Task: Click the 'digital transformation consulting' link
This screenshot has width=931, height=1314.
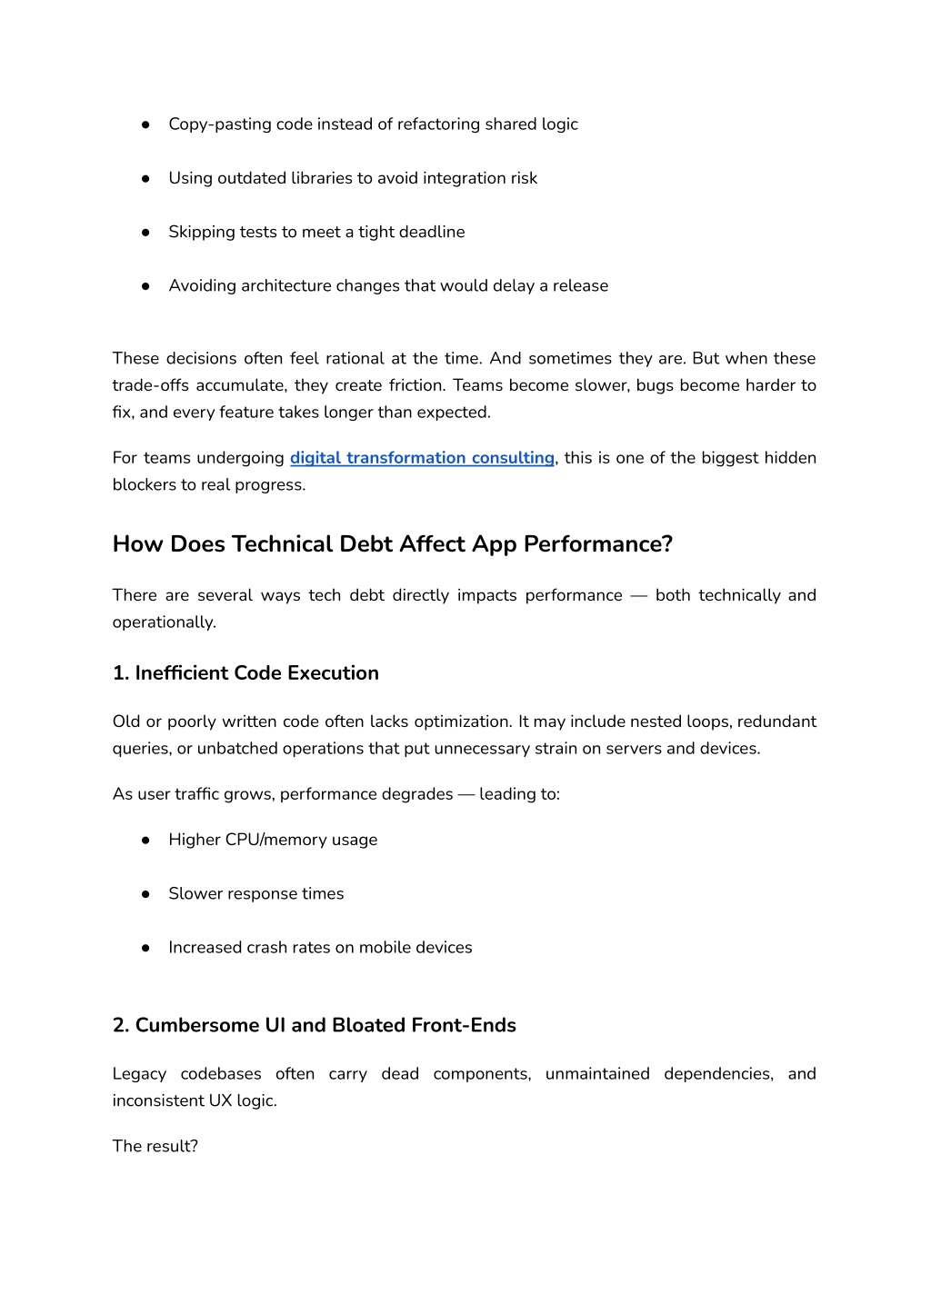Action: [422, 458]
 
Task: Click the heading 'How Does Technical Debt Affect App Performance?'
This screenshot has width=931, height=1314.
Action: [392, 544]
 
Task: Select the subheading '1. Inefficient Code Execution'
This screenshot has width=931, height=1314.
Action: [245, 673]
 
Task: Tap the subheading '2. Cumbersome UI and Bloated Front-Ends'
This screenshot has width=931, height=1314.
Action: [314, 1025]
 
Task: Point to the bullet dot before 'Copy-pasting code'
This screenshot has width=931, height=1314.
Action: [145, 124]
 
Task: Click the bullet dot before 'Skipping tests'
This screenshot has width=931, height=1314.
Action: [145, 233]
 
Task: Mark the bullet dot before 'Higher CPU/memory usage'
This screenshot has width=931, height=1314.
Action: [145, 841]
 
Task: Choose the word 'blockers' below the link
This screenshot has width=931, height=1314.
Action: [145, 484]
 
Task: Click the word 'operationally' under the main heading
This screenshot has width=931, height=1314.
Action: [163, 622]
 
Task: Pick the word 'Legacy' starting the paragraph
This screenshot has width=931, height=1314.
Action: [139, 1074]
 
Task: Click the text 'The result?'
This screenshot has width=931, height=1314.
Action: [155, 1146]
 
